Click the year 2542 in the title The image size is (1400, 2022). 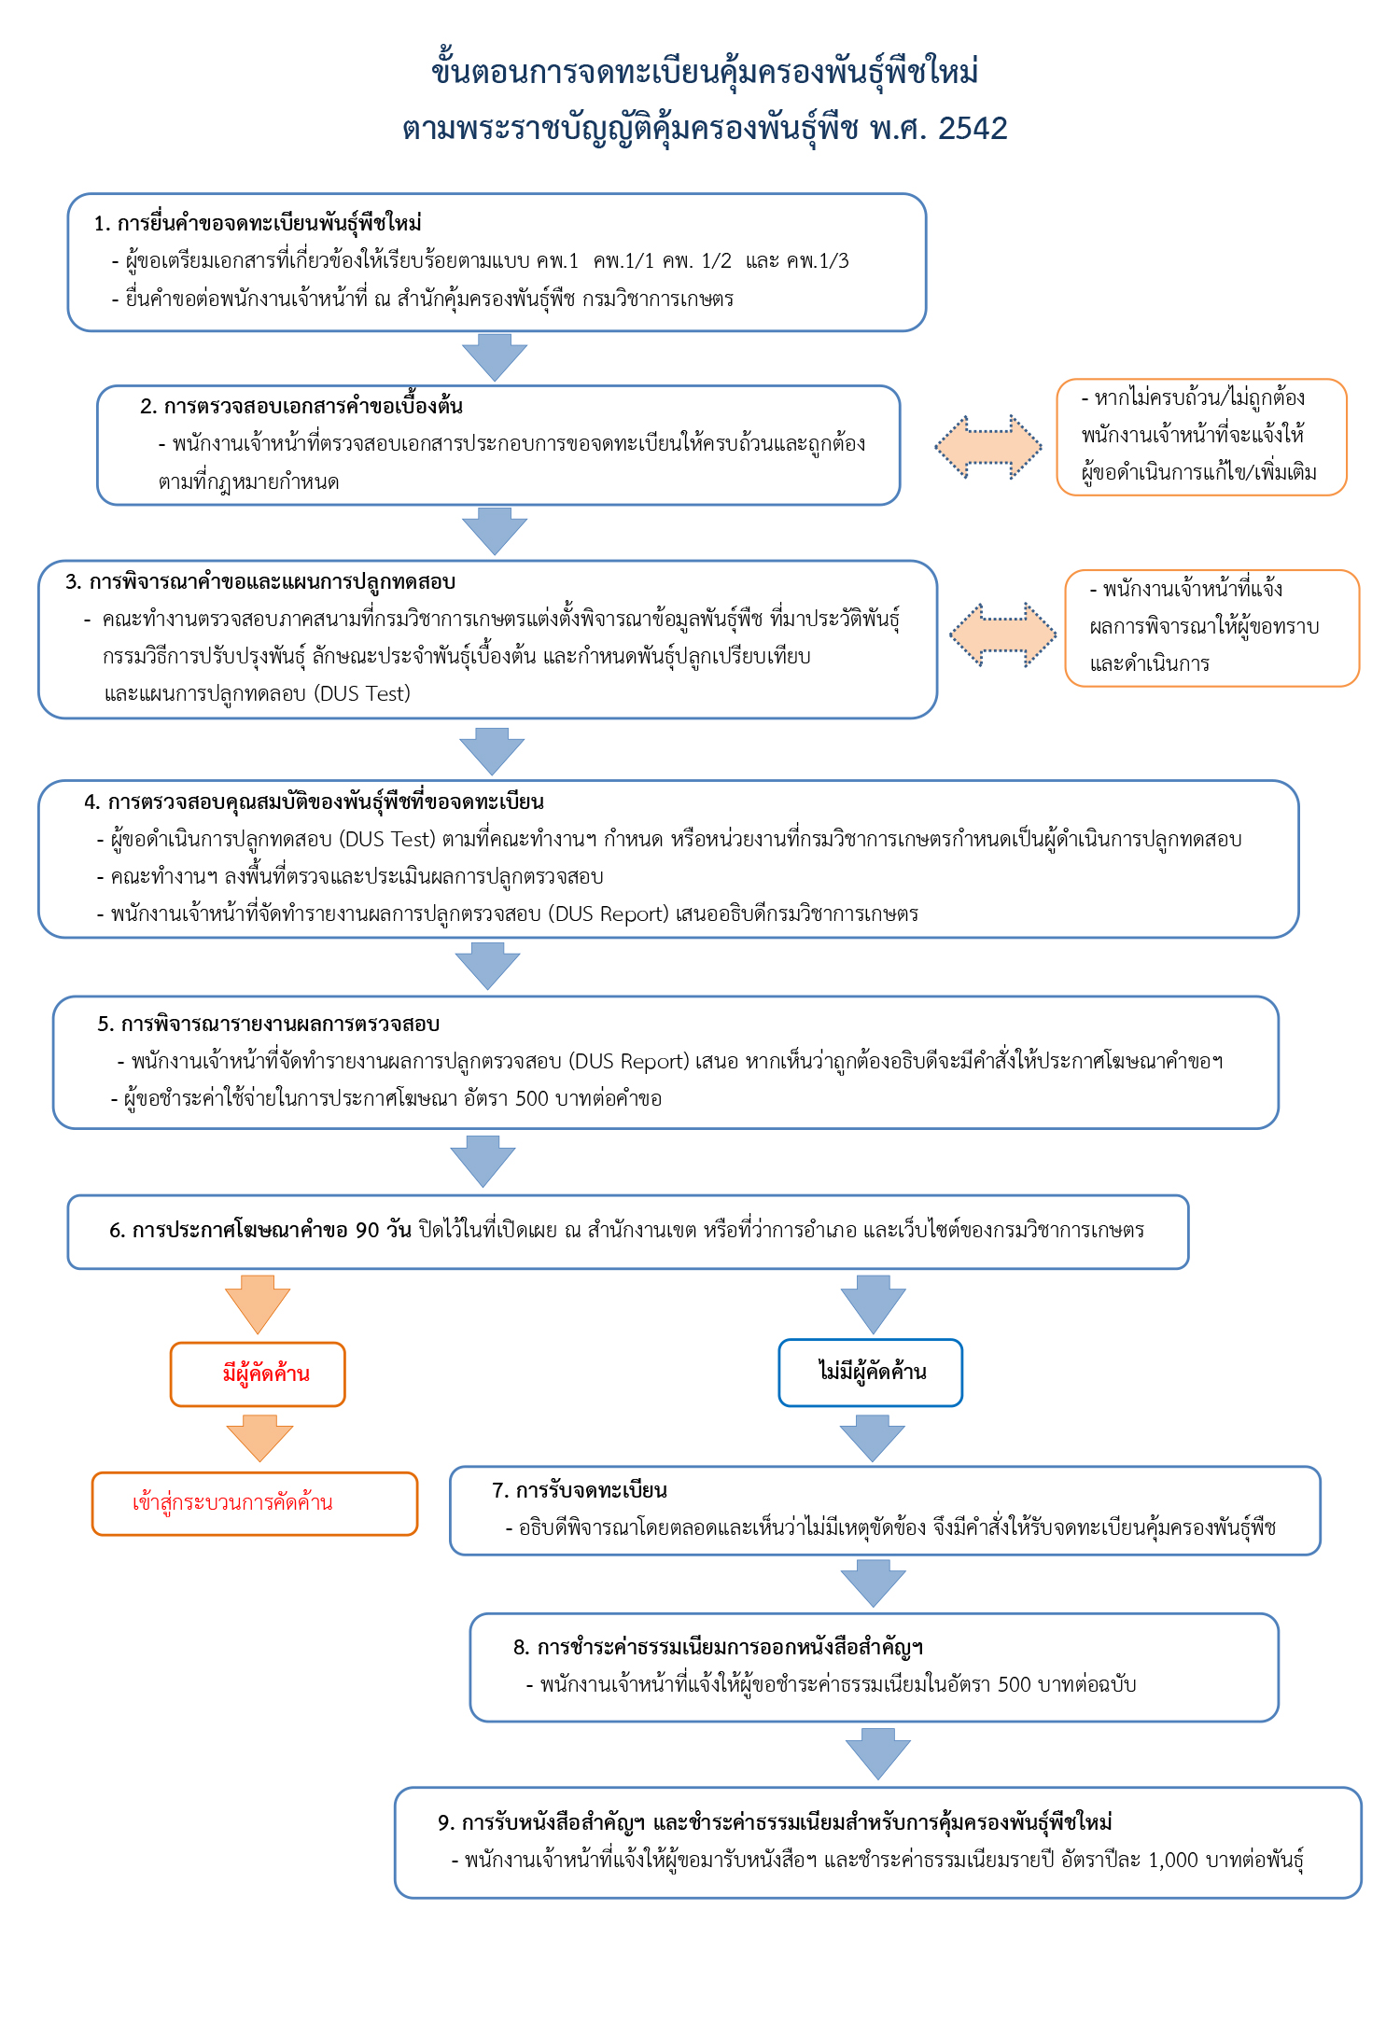point(973,129)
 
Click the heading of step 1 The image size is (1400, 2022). point(258,224)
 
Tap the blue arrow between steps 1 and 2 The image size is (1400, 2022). point(495,356)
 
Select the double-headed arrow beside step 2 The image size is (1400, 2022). point(988,448)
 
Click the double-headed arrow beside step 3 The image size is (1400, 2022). point(1003,634)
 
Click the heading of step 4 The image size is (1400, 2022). point(314,802)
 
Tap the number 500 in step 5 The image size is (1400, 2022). point(531,1099)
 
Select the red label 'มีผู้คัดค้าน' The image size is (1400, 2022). point(266,1374)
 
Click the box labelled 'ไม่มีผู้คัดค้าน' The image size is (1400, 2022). point(871,1373)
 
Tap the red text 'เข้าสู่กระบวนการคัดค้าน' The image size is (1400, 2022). point(232,1503)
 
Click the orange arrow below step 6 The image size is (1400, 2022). point(258,1304)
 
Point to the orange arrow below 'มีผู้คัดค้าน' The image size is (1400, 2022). point(259,1438)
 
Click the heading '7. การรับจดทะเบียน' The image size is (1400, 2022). point(580,1491)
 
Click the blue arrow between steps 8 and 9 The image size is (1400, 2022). point(878,1754)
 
